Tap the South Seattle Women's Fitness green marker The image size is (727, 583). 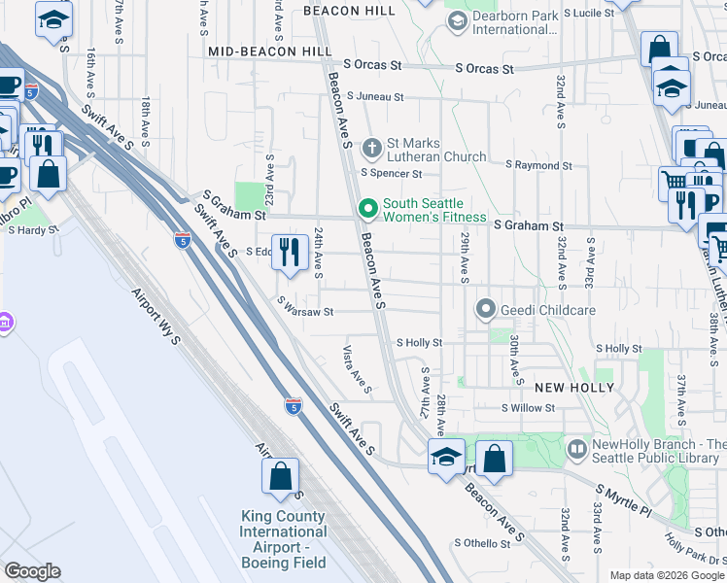[x=367, y=209]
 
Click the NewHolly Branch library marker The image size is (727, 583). [x=577, y=449]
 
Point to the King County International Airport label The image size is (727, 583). [x=284, y=540]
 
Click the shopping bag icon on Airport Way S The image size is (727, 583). [x=280, y=476]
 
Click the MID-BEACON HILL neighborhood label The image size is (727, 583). [x=261, y=49]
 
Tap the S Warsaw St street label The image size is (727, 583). [x=304, y=312]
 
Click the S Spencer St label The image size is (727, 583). [x=391, y=174]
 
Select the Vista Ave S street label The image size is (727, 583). [x=358, y=370]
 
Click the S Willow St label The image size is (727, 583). [x=528, y=408]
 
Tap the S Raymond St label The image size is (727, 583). [x=538, y=165]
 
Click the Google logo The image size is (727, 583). [x=32, y=571]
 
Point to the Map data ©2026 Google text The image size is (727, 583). [x=667, y=575]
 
